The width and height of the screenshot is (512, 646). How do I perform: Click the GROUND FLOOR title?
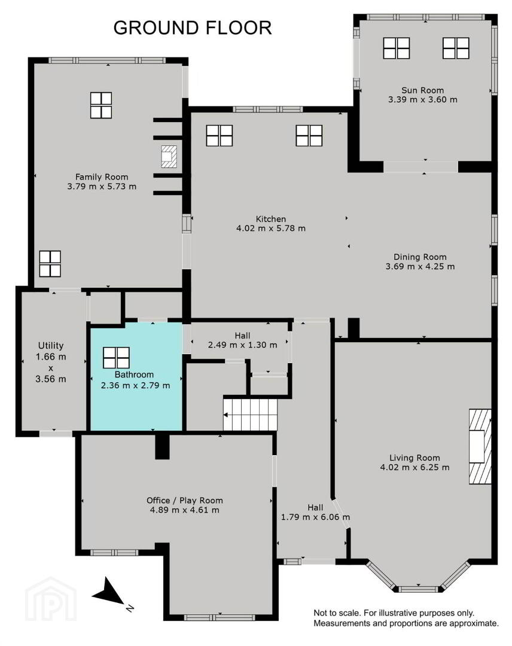(x=193, y=28)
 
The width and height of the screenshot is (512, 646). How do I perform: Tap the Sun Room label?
(x=423, y=90)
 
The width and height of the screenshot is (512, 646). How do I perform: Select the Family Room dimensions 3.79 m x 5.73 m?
(x=102, y=186)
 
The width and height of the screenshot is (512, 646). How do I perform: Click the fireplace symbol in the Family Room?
(x=169, y=157)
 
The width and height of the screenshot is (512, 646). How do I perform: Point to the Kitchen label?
(x=270, y=219)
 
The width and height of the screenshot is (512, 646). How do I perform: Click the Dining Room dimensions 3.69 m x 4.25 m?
(x=420, y=267)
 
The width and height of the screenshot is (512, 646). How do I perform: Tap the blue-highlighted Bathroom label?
(x=134, y=374)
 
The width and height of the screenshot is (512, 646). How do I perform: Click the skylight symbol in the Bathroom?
(x=116, y=358)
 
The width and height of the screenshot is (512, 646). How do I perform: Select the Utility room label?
(x=51, y=346)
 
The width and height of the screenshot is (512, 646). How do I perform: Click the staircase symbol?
(x=250, y=415)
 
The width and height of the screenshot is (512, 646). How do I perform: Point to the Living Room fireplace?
(x=480, y=447)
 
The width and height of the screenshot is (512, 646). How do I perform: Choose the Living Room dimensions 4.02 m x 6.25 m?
(x=415, y=468)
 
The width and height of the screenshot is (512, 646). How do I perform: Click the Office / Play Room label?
(x=185, y=500)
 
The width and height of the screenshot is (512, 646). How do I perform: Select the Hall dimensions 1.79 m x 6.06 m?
(x=316, y=517)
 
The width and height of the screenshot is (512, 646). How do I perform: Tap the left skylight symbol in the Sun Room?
(x=396, y=48)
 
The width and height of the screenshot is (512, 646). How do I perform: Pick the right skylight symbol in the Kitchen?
(x=309, y=136)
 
